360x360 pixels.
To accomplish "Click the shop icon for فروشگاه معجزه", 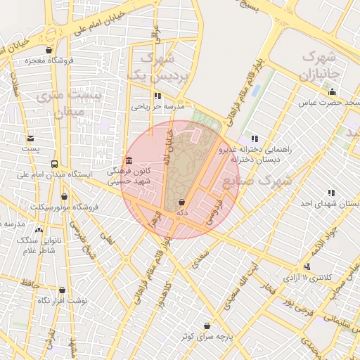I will click(x=49, y=50).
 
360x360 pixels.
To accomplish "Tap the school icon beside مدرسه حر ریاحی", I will click(x=157, y=96).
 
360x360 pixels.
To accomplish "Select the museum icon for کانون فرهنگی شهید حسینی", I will click(x=128, y=160).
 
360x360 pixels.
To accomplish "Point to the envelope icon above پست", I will click(x=30, y=138).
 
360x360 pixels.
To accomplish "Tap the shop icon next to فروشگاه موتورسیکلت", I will click(x=65, y=197).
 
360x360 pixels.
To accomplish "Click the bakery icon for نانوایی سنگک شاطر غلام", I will click(x=38, y=230).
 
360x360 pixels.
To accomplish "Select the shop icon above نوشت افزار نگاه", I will click(x=62, y=290).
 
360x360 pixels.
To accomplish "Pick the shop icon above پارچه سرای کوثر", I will click(x=206, y=326).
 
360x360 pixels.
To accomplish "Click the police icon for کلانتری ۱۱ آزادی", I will click(x=307, y=266).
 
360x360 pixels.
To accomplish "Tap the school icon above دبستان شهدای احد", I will click(x=330, y=193).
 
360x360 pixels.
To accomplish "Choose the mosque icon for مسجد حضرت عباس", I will click(x=332, y=92).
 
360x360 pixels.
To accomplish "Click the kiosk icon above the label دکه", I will click(x=183, y=202).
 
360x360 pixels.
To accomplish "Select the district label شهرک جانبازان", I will click(x=321, y=64).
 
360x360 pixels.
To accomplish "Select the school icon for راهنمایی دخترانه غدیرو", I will click(x=254, y=139).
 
